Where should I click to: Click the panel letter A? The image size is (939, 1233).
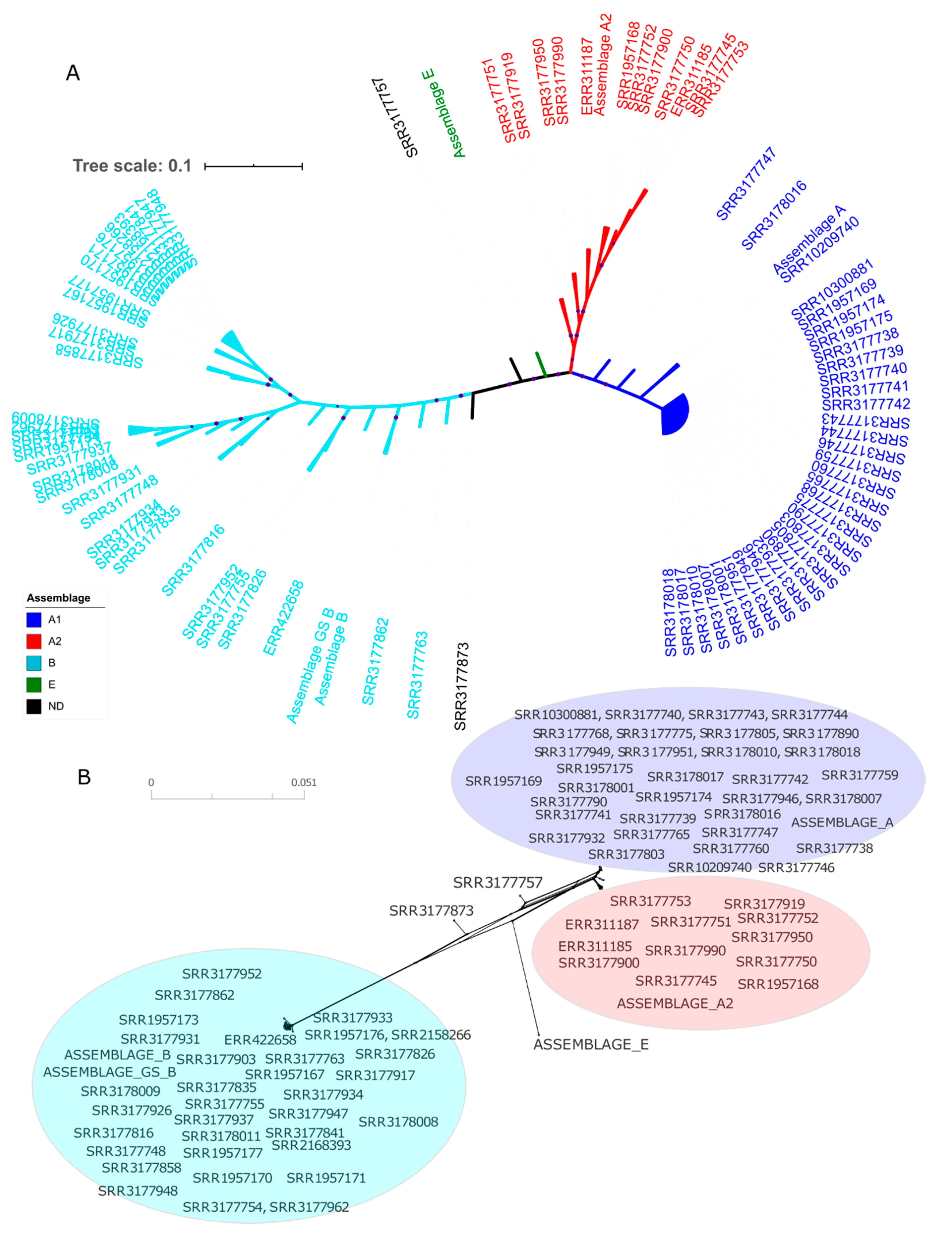coord(73,73)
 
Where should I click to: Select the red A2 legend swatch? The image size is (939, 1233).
coord(33,641)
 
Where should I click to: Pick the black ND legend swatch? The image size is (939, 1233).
coord(33,706)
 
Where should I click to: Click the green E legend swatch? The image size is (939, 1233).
coord(33,684)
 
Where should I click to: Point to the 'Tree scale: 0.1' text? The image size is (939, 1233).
coord(132,166)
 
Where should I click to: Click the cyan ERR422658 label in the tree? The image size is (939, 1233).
coord(283,618)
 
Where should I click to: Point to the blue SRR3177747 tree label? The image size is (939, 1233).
coord(746,183)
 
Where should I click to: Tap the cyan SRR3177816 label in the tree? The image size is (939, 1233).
coord(193,560)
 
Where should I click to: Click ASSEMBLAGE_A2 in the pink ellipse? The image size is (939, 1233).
coord(675,1003)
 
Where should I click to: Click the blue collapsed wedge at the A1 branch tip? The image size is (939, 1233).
coord(675,414)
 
